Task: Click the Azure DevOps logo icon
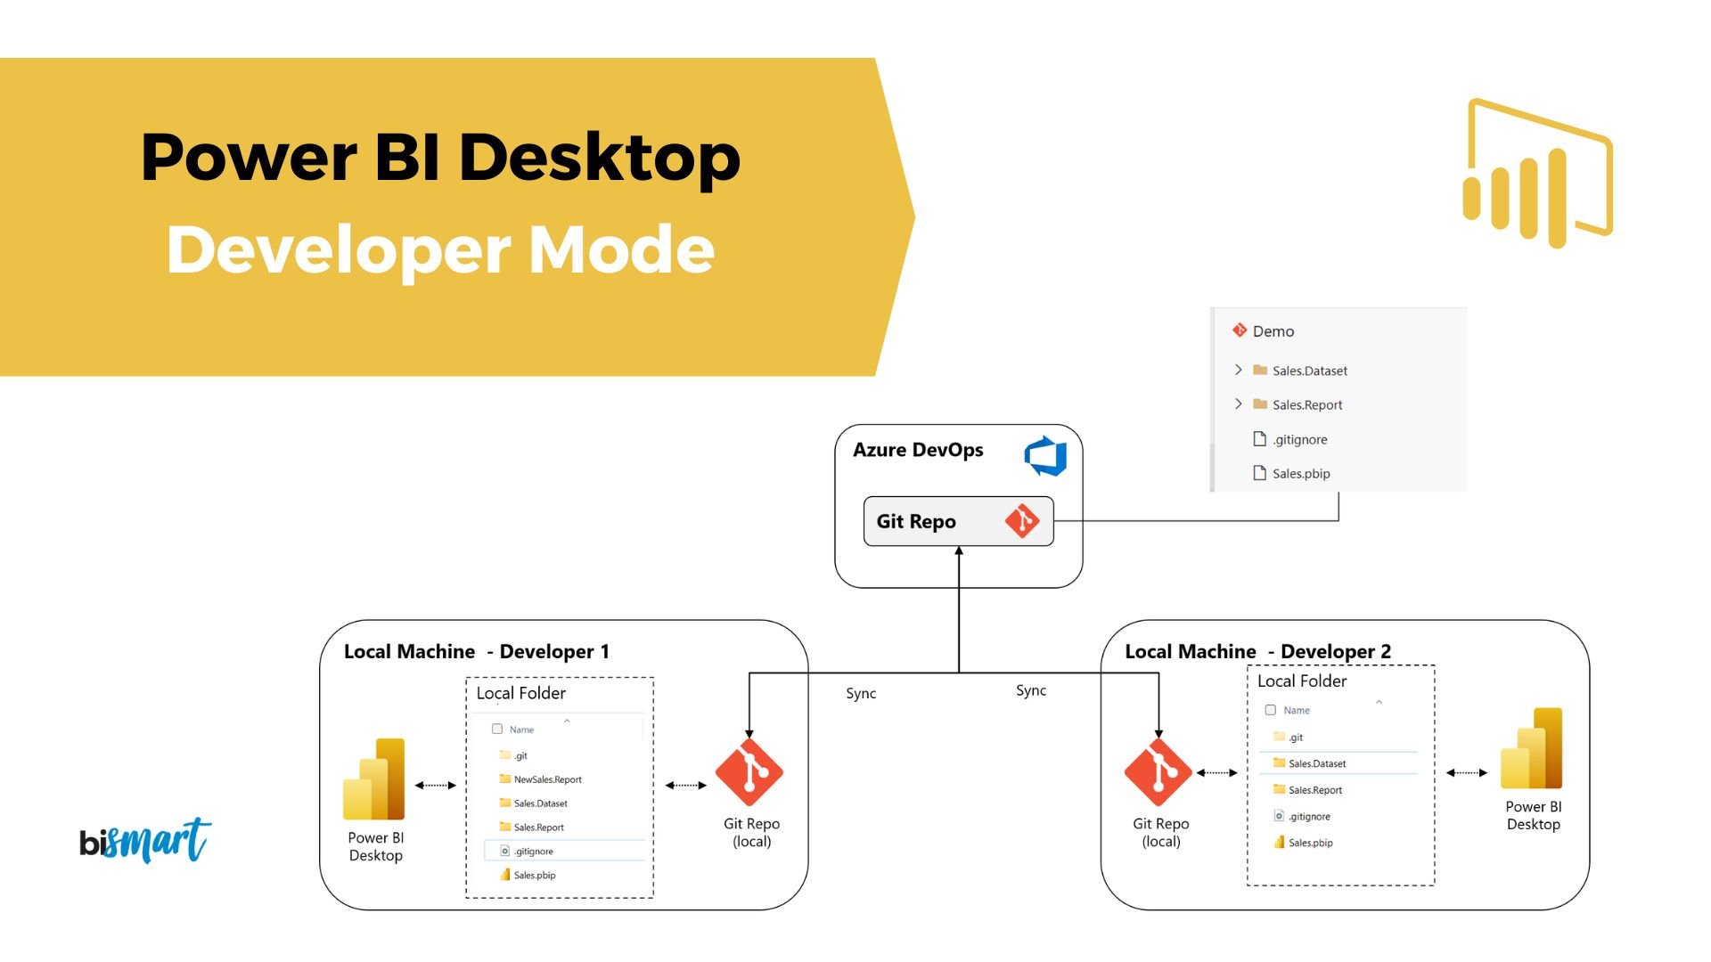pyautogui.click(x=1045, y=455)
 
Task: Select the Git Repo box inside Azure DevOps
pyautogui.click(x=958, y=521)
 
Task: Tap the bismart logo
pyautogui.click(x=145, y=841)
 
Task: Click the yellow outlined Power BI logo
pyautogui.click(x=1538, y=174)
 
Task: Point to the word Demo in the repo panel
pyautogui.click(x=1273, y=331)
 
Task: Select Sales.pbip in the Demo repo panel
pyautogui.click(x=1300, y=474)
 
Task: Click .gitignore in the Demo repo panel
pyautogui.click(x=1299, y=440)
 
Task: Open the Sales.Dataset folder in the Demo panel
pyautogui.click(x=1309, y=371)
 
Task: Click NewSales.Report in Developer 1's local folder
pyautogui.click(x=547, y=779)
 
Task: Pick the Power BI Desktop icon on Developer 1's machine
pyautogui.click(x=374, y=779)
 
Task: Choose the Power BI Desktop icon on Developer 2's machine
pyautogui.click(x=1532, y=749)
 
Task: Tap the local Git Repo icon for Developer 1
pyautogui.click(x=749, y=772)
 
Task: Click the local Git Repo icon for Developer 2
pyautogui.click(x=1158, y=772)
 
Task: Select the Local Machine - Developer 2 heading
pyautogui.click(x=1257, y=651)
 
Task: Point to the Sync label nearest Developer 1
pyautogui.click(x=861, y=694)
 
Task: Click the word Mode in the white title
pyautogui.click(x=621, y=250)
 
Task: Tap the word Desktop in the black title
pyautogui.click(x=599, y=158)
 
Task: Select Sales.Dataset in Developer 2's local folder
pyautogui.click(x=1316, y=764)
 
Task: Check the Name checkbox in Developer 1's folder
pyautogui.click(x=497, y=730)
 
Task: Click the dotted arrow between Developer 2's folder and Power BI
pyautogui.click(x=1467, y=773)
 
